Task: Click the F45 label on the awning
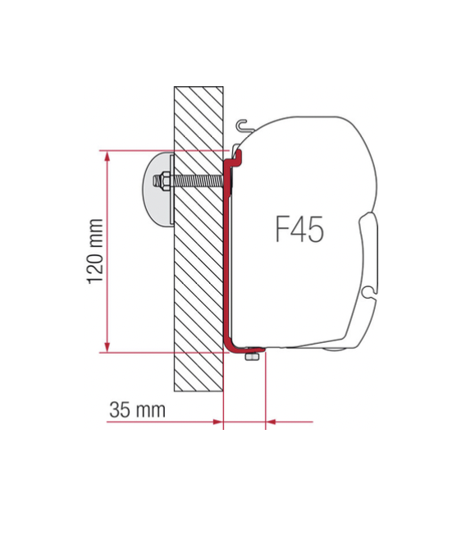click(299, 230)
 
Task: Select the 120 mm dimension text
click(95, 251)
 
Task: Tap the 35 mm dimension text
click(137, 409)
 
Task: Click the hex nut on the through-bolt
click(165, 181)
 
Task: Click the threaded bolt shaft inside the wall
click(197, 181)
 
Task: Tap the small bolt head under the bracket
click(254, 356)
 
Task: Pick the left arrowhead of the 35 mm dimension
click(217, 423)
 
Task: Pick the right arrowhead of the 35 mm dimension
click(271, 423)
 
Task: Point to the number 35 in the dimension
click(120, 409)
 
